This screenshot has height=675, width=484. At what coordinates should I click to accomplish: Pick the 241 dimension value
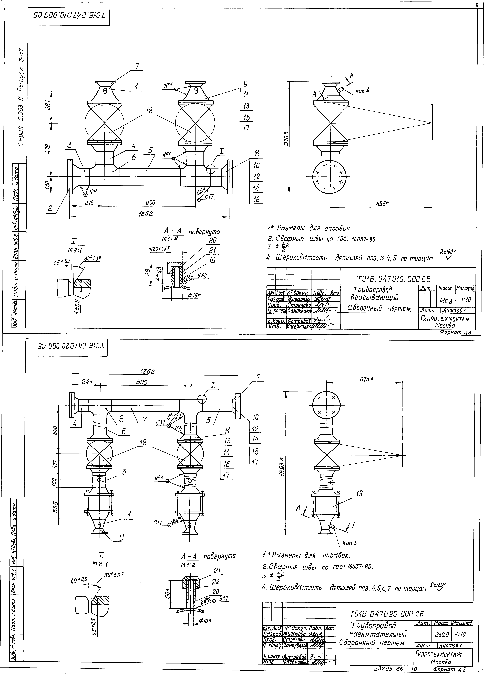pos(87,382)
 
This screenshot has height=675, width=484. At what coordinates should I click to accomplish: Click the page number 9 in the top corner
pos(477,5)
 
